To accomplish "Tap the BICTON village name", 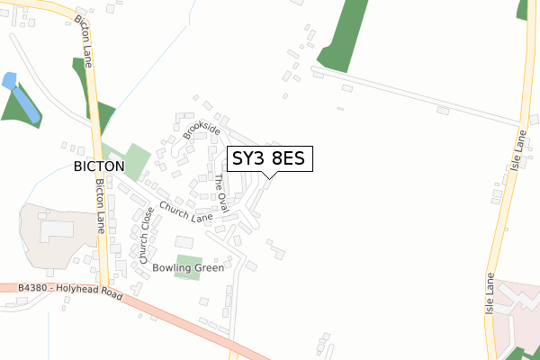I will (x=99, y=167).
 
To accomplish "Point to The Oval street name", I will (x=221, y=193).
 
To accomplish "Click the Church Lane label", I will (x=185, y=212).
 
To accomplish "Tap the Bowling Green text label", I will (x=187, y=267).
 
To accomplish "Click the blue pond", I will (x=22, y=99).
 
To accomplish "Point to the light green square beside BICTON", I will (x=136, y=161).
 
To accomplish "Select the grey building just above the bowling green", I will (x=184, y=242).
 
